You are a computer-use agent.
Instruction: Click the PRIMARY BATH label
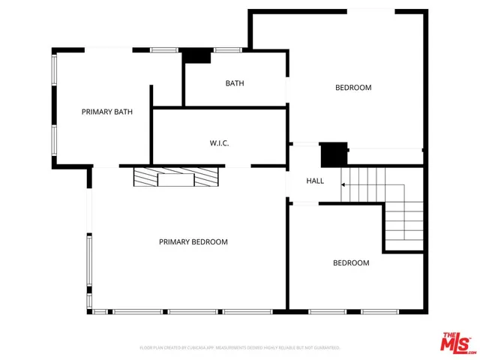point(107,112)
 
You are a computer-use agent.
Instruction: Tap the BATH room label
point(235,83)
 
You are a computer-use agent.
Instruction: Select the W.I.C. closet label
point(219,142)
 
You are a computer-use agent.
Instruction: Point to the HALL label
point(315,181)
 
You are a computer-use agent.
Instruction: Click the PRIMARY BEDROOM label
point(193,241)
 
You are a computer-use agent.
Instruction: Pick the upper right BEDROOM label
point(352,88)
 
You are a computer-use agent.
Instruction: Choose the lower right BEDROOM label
point(351,262)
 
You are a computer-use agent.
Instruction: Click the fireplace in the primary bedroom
point(176,177)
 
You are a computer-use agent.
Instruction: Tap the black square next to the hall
point(332,154)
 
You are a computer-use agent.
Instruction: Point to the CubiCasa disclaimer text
point(240,347)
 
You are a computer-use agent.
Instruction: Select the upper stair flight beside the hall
point(363,185)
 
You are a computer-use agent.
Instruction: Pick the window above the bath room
point(227,50)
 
